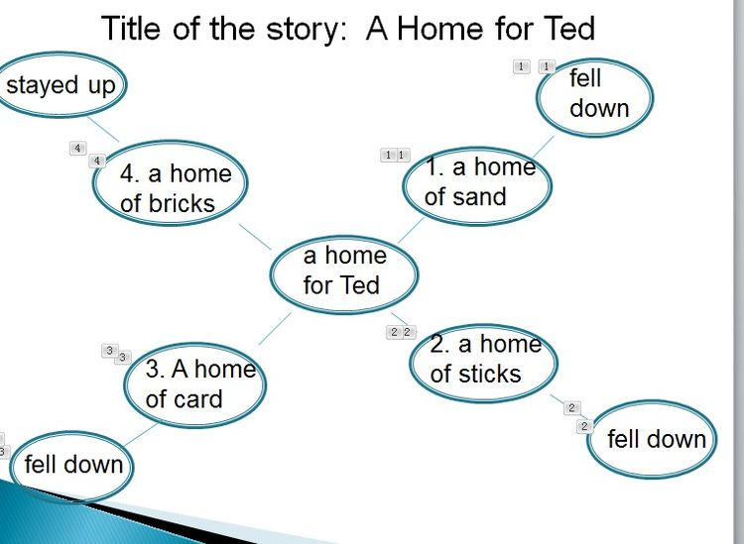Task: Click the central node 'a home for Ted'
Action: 343,271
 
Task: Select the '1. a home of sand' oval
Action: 477,182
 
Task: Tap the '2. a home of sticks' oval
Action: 483,359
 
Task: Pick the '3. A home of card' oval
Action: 195,384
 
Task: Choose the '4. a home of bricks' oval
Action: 171,188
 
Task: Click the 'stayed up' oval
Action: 60,85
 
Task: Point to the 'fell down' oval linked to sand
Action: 596,94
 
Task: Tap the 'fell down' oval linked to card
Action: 71,464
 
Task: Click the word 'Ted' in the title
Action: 566,28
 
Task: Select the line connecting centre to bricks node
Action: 255,236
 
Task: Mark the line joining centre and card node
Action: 275,329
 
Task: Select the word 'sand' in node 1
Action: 479,197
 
